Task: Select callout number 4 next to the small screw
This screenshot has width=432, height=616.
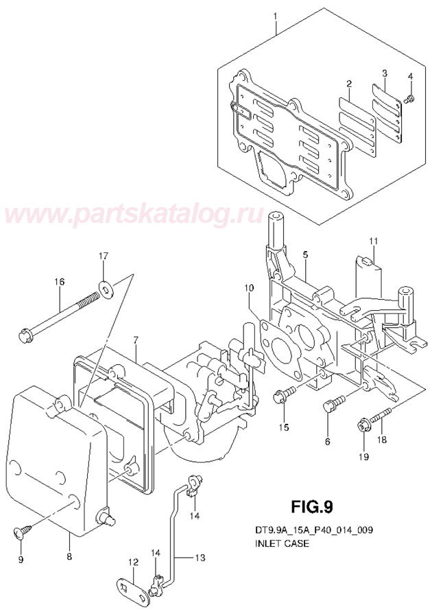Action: click(410, 76)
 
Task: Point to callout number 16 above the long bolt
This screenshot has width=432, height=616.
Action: click(59, 282)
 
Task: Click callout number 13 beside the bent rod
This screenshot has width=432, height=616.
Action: click(199, 558)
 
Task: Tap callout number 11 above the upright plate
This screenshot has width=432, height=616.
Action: click(373, 241)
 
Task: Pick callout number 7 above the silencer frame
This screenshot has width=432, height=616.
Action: click(136, 340)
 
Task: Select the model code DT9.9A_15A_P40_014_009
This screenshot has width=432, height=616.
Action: click(311, 531)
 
